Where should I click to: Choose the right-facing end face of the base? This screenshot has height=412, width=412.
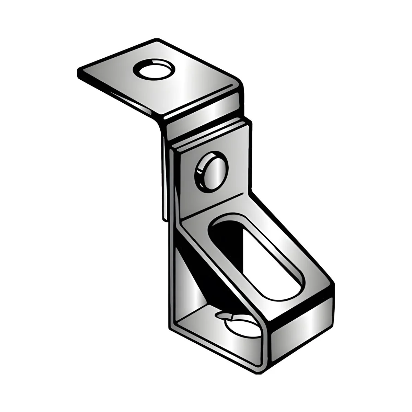tap(302, 330)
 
